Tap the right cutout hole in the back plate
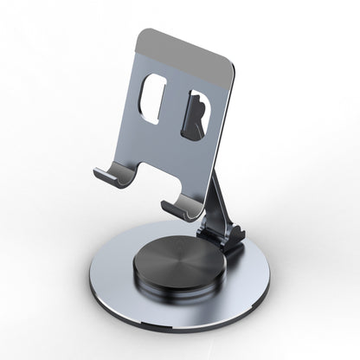click(x=197, y=115)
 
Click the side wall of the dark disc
click(x=173, y=290)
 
